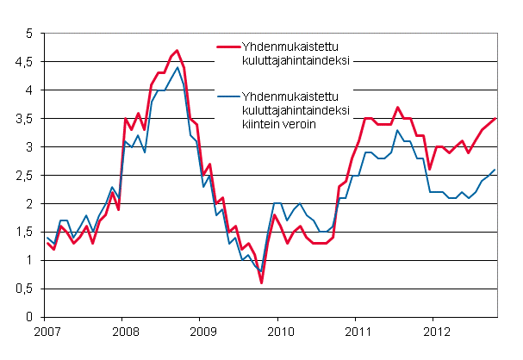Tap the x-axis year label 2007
[46, 332]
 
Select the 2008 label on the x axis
[124, 332]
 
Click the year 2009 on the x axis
[202, 332]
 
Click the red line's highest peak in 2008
[177, 51]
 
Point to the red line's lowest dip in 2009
[261, 282]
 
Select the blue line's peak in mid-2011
[397, 130]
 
